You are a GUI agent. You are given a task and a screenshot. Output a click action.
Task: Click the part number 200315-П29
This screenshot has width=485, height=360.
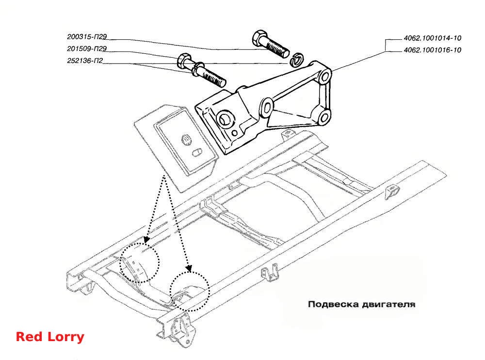click(x=87, y=37)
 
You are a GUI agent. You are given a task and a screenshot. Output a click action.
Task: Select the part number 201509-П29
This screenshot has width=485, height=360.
click(x=87, y=48)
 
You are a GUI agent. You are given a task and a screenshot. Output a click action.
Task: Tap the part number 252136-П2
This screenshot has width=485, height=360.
click(x=85, y=61)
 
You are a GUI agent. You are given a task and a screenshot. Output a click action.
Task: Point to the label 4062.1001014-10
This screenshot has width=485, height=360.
click(x=433, y=38)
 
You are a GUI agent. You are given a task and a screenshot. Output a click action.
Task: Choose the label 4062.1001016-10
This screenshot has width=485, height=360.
click(x=433, y=50)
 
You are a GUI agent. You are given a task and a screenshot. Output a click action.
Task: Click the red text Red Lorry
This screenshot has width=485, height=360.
click(x=50, y=337)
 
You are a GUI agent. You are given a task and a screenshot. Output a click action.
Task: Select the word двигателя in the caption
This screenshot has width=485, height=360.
click(x=388, y=305)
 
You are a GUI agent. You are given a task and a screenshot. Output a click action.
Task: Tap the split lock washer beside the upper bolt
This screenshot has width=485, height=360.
click(x=297, y=59)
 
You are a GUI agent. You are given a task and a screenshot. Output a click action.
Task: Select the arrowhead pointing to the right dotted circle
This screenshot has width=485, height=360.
click(x=188, y=268)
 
